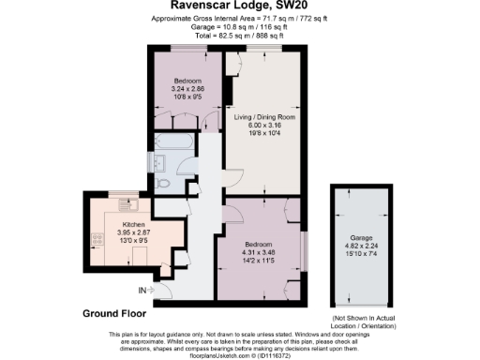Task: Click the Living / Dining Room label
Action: pos(263,117)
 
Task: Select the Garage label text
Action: pos(360,239)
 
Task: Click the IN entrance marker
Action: pos(142,290)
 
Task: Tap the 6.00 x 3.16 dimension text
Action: pos(263,126)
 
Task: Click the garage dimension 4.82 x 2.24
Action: pos(360,247)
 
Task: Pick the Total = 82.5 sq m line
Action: pos(241,35)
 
